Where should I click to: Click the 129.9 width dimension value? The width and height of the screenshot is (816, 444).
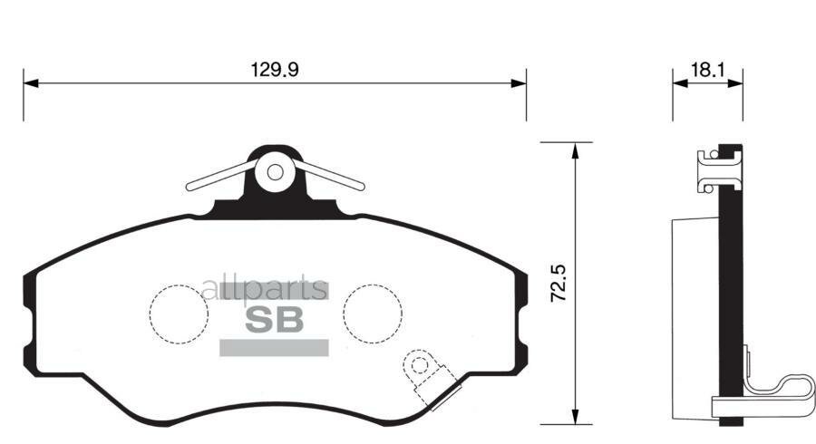(274, 69)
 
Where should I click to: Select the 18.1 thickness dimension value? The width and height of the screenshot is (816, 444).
(707, 69)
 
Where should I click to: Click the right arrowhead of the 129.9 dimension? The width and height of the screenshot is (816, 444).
(519, 82)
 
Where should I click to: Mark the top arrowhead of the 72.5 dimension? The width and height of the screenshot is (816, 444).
(574, 150)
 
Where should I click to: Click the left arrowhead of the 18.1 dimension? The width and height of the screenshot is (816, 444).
(678, 82)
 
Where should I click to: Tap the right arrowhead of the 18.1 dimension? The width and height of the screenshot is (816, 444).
(736, 82)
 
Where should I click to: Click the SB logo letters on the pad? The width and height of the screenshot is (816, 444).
(274, 319)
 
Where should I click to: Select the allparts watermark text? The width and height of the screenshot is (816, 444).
(264, 289)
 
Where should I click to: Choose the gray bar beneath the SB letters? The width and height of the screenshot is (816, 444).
(274, 347)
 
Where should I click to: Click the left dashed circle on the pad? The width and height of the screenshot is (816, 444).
(178, 313)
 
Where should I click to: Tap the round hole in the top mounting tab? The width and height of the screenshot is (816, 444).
(276, 171)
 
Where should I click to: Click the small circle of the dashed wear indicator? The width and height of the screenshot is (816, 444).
(419, 365)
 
